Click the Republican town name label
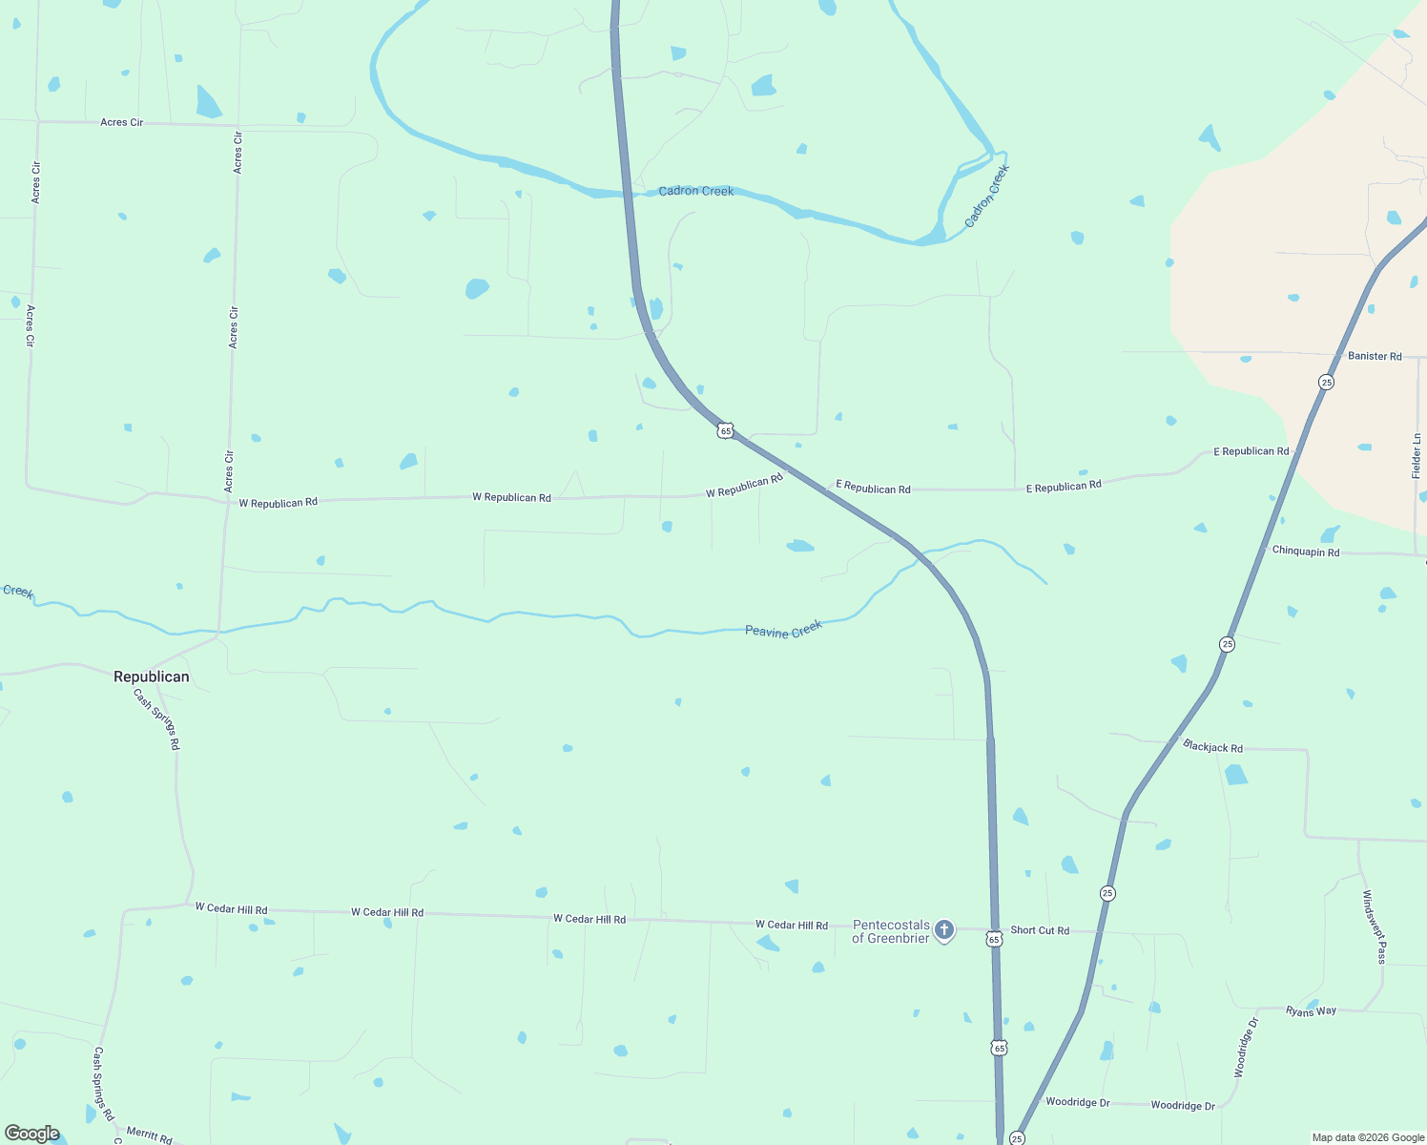tap(151, 677)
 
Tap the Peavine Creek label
tap(783, 630)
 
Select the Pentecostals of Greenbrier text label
tap(890, 931)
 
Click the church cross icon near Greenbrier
tap(943, 929)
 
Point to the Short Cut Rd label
tap(1040, 930)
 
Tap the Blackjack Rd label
tap(1212, 746)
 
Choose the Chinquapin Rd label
tap(1305, 552)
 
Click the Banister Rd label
tap(1375, 356)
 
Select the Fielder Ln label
tap(1417, 455)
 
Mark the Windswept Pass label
tap(1374, 926)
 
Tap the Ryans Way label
tap(1311, 1010)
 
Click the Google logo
tap(31, 1134)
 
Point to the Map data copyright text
tap(1367, 1137)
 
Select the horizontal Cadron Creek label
tap(696, 191)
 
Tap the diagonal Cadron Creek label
tap(986, 197)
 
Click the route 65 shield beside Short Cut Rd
tap(994, 939)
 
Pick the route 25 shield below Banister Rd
tap(1326, 382)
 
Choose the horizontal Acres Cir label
tap(121, 122)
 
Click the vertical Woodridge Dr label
tap(1246, 1048)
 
